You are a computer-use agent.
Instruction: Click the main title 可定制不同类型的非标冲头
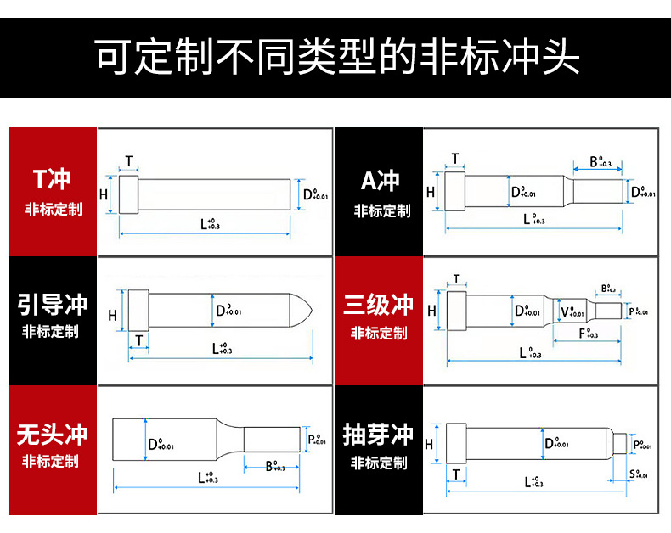[335, 58]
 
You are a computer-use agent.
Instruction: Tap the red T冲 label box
[53, 192]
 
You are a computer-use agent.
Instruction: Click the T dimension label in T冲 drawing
[129, 161]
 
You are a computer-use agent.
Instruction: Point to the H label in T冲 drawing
[104, 194]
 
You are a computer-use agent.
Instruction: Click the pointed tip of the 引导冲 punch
[305, 310]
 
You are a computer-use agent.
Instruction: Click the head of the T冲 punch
[129, 194]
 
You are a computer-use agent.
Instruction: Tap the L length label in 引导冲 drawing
[221, 348]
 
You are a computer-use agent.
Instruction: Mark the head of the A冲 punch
[454, 192]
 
